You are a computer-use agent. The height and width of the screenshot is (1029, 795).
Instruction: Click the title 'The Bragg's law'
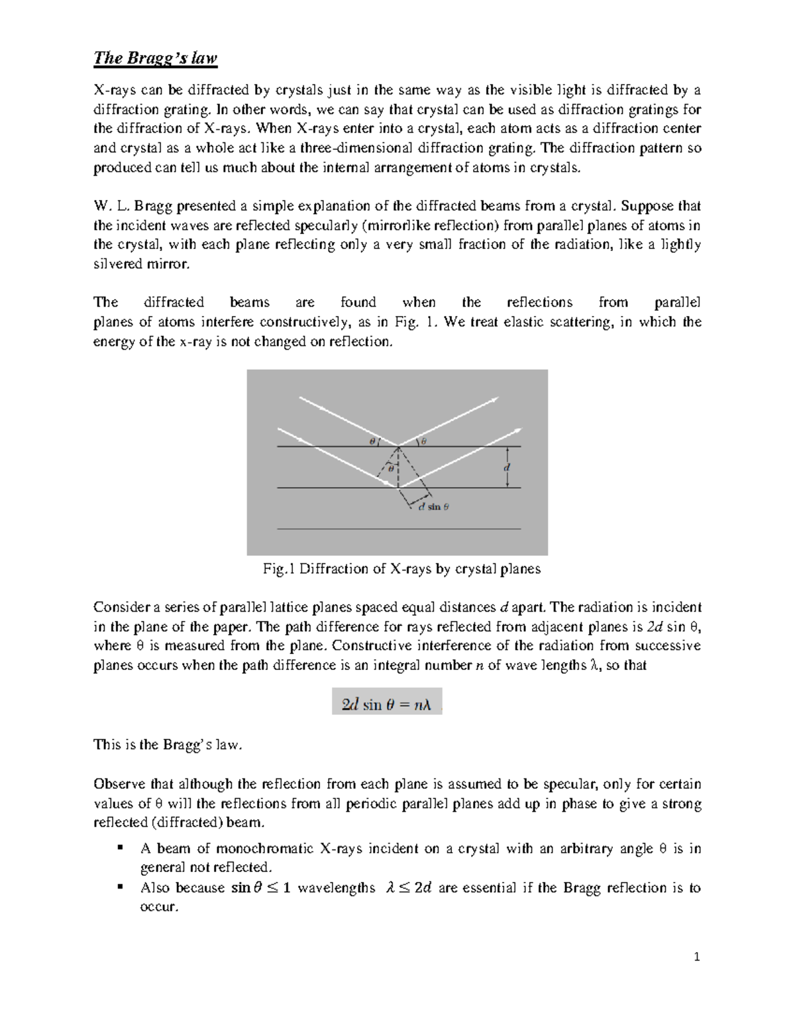pyautogui.click(x=155, y=59)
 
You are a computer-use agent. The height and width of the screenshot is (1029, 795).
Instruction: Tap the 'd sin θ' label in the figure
pyautogui.click(x=433, y=507)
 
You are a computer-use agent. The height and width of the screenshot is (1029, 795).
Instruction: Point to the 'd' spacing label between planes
pyautogui.click(x=507, y=466)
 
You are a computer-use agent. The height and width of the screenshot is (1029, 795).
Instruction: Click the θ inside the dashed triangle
pyautogui.click(x=391, y=468)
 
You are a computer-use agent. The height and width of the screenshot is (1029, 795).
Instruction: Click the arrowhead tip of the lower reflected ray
pyautogui.click(x=520, y=427)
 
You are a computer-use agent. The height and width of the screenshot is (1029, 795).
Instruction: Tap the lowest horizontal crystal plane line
pyautogui.click(x=398, y=529)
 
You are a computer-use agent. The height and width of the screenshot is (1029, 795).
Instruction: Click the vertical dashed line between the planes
pyautogui.click(x=399, y=467)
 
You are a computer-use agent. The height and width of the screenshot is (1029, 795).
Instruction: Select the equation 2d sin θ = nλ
pyautogui.click(x=386, y=705)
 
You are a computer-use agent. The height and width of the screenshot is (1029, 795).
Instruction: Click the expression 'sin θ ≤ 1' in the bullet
pyautogui.click(x=260, y=889)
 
